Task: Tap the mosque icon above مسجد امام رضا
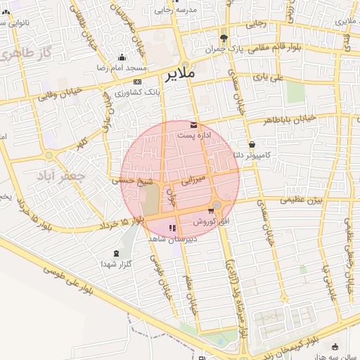tap(122, 58)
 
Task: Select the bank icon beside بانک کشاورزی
tap(136, 82)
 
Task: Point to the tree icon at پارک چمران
tap(224, 38)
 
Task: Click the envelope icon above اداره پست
tap(193, 124)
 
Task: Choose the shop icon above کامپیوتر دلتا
tap(252, 144)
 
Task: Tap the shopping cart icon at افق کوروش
tap(211, 211)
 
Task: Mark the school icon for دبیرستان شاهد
tap(172, 228)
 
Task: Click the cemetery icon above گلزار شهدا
tap(116, 253)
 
